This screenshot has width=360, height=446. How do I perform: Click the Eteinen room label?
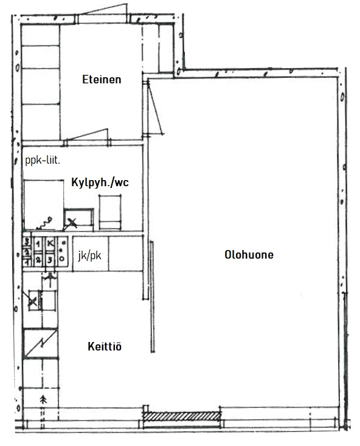102,79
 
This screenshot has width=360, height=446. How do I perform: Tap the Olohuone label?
249,254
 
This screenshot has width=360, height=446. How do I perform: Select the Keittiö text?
105,346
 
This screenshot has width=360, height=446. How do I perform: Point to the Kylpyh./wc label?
100,182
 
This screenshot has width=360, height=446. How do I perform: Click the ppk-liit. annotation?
43,161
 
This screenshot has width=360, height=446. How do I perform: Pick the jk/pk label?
89,256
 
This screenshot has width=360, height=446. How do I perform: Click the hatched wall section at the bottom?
182,416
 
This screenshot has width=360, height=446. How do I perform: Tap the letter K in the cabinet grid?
50,243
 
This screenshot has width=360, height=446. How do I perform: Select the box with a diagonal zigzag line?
40,343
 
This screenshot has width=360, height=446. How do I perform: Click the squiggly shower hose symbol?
44,223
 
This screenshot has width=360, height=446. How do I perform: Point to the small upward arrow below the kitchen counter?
43,400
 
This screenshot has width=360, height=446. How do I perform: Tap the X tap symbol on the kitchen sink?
32,302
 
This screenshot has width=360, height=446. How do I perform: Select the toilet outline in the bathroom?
110,212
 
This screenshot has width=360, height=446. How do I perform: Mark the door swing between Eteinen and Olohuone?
155,108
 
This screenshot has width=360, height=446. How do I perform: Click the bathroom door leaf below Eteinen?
87,135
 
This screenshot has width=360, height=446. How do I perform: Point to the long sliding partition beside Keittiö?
152,297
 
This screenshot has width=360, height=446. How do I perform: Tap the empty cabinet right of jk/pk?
125,254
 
